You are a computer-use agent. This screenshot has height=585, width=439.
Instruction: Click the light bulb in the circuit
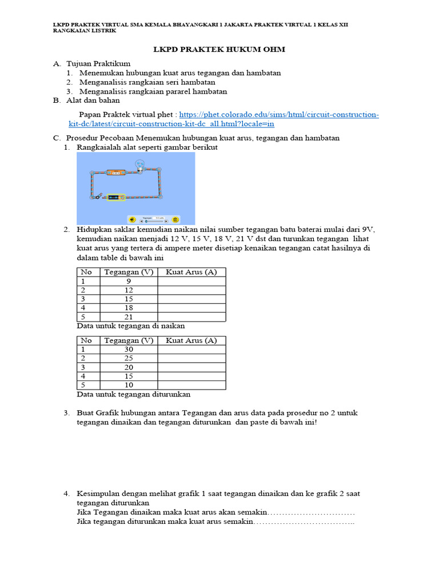point(139,165)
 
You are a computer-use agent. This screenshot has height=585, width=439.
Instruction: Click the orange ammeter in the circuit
point(116,173)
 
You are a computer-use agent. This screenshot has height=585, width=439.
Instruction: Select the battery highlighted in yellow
point(117,197)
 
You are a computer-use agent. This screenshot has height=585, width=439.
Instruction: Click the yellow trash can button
point(175,219)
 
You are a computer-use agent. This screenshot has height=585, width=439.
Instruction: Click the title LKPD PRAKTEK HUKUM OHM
point(219,50)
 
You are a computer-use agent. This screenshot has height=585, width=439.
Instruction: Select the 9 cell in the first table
point(128,282)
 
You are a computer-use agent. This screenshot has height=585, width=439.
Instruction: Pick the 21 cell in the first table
point(128,316)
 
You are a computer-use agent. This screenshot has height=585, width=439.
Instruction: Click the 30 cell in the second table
point(128,350)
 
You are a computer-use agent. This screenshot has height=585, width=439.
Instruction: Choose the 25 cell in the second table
point(128,359)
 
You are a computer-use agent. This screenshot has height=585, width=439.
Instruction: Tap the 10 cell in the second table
point(128,385)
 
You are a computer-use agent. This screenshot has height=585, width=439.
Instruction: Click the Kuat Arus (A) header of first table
point(191,273)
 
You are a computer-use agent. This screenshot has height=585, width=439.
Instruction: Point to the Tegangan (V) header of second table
point(128,341)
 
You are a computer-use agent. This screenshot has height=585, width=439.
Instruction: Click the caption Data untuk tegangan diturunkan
point(133,394)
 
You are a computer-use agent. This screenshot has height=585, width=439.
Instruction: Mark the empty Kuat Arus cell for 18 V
point(191,308)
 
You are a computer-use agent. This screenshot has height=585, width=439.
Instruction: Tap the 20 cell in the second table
point(128,367)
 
